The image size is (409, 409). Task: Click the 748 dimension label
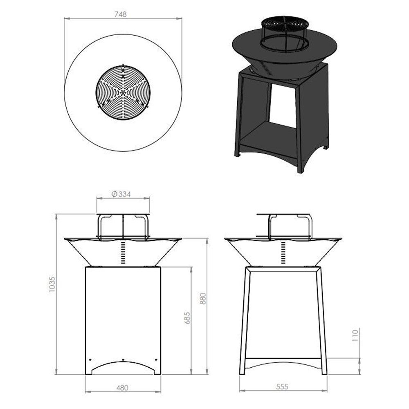coord(121,13)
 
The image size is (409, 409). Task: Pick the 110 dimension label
coord(355,335)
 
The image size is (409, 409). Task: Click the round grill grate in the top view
coord(123,92)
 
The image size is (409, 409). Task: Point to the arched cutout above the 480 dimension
coord(123,366)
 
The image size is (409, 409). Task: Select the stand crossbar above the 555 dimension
coord(283,362)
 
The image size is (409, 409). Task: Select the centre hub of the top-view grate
coord(123,92)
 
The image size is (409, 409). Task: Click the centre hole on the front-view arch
coord(123,360)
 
